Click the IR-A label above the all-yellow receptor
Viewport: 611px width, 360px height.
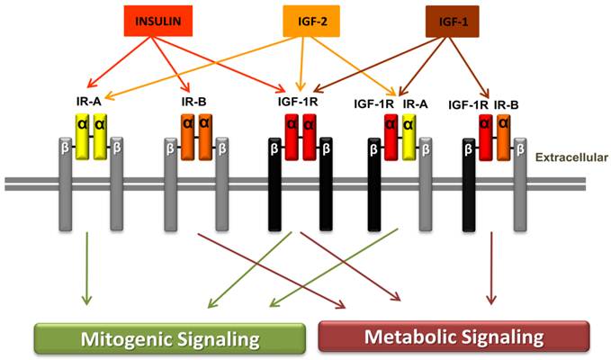coord(91,103)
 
